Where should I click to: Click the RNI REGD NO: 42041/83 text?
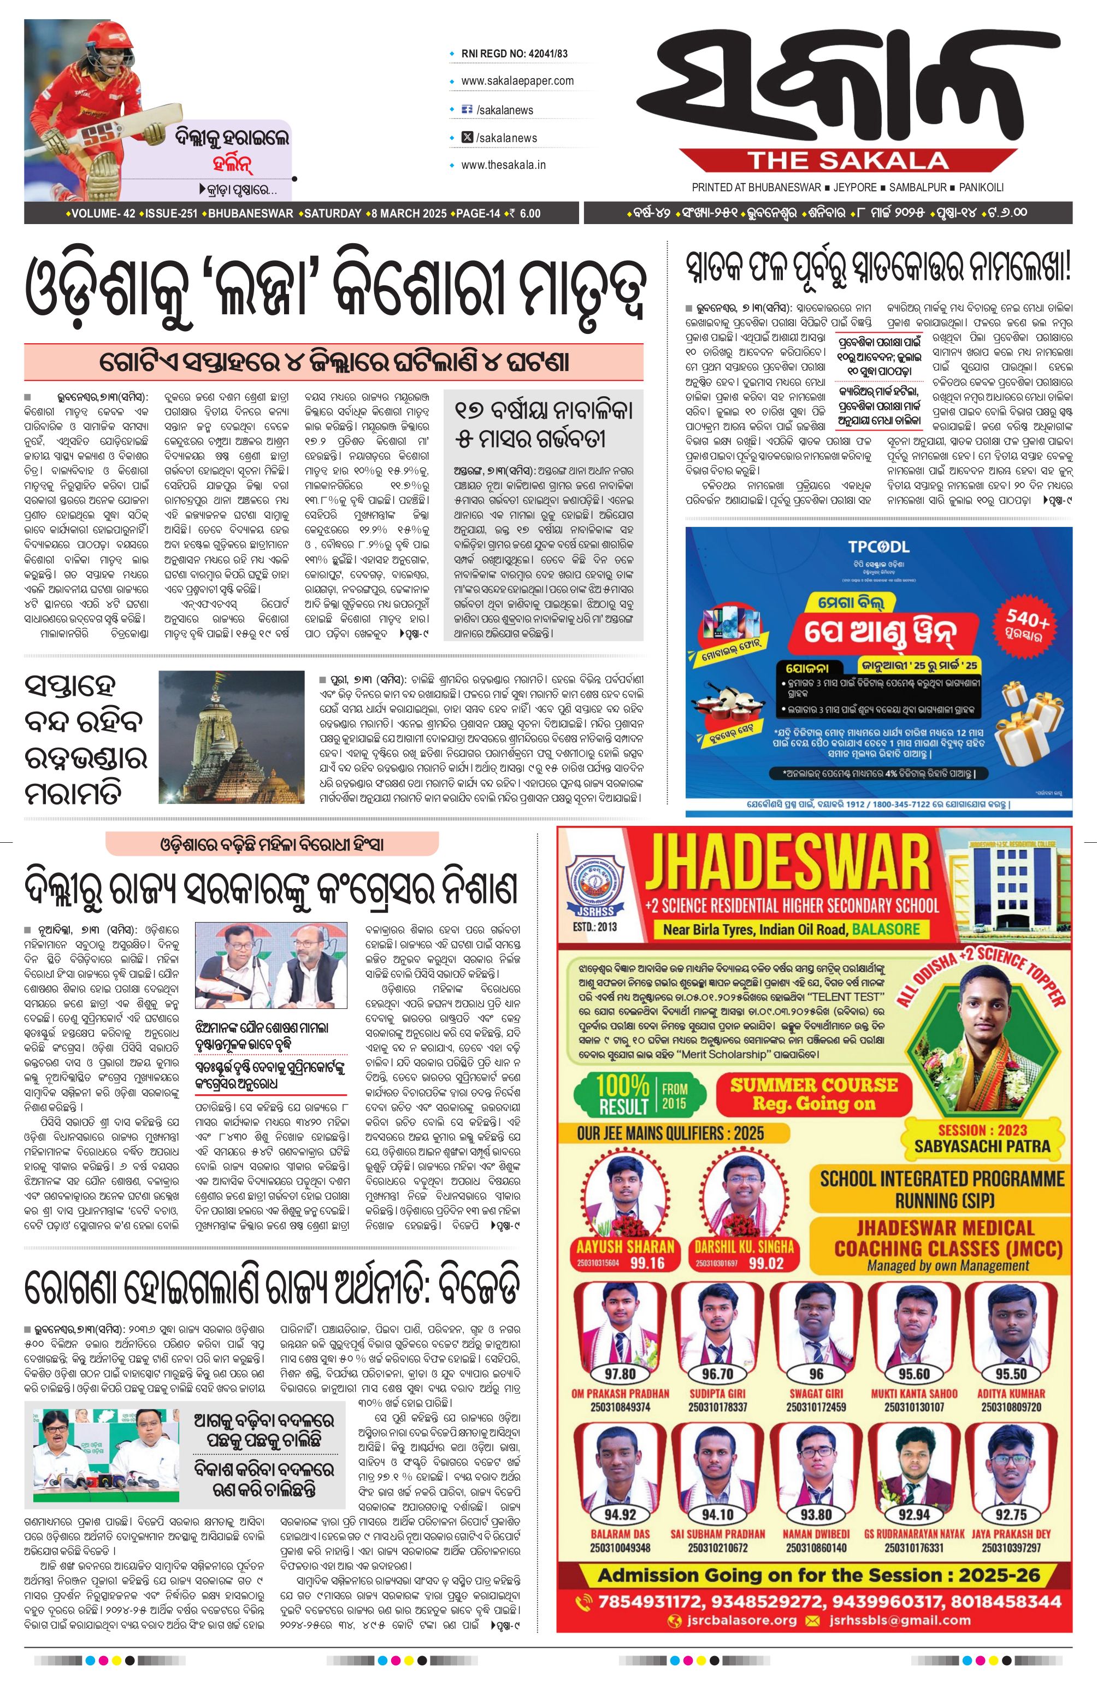514,53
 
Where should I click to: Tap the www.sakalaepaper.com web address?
517,81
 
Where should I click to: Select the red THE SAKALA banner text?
848,161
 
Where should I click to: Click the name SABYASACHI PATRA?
982,1145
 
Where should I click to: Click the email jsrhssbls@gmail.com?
899,1621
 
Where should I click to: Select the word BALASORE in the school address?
886,929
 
